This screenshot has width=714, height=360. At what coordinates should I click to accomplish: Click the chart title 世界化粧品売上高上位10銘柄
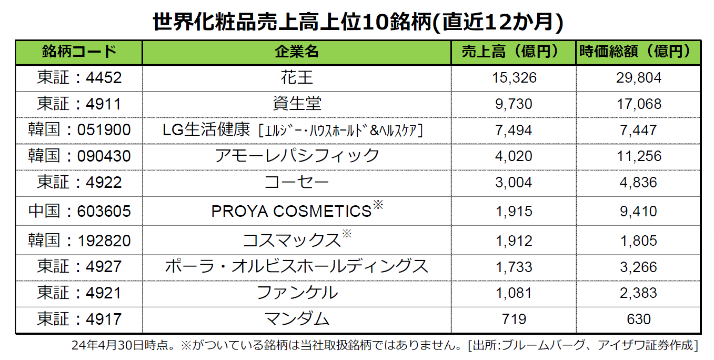coord(292,22)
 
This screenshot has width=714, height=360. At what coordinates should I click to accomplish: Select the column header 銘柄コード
coord(79,52)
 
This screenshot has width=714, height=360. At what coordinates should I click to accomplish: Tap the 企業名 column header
coord(297,52)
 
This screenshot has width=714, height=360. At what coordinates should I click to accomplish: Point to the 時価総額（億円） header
coord(638,52)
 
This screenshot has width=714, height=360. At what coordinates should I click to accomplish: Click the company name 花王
coord(297,78)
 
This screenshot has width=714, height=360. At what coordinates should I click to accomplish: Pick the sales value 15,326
coord(514,78)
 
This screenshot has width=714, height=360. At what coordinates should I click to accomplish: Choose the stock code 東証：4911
coord(79,104)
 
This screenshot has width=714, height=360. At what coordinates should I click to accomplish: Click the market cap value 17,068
coord(639,104)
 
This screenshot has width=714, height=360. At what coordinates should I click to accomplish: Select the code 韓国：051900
coord(79,130)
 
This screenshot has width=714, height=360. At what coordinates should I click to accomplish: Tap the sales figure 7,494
coord(514,131)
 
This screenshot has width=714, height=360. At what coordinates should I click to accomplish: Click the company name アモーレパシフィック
coord(297,156)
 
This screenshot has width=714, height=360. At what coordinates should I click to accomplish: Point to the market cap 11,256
coord(639,156)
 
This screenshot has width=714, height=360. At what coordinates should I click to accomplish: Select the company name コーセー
coord(297,183)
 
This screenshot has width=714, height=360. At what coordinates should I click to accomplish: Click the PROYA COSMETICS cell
coord(297,210)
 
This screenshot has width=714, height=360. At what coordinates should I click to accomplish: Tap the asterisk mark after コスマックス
coord(347,234)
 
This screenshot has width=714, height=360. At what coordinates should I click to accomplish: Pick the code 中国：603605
coord(79,212)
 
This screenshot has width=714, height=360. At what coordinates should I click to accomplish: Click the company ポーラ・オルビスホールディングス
coord(297,266)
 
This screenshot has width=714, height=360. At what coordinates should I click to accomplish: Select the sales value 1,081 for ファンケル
coord(514,293)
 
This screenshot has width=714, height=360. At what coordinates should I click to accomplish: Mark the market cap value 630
coord(638,319)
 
